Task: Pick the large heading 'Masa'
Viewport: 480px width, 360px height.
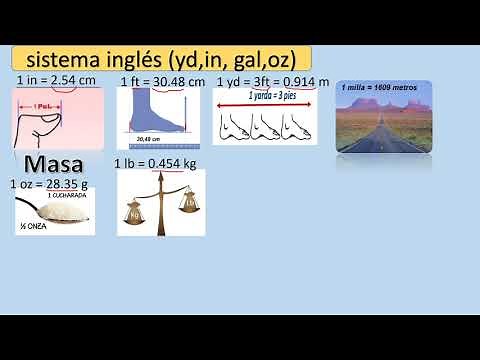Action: [x=53, y=164]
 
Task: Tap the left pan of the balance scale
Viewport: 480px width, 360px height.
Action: [x=135, y=212]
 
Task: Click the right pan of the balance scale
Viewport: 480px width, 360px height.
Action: [x=186, y=204]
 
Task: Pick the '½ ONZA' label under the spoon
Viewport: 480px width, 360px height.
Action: [x=32, y=228]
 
